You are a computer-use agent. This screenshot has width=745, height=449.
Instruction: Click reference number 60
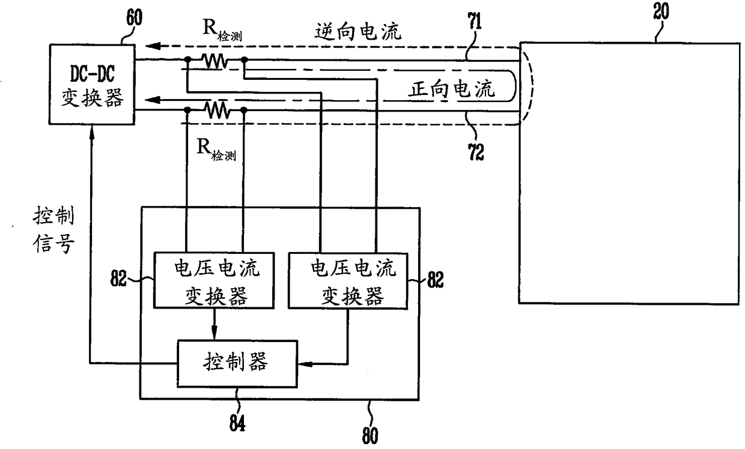click(135, 17)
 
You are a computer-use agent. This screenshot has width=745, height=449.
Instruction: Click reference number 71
click(475, 21)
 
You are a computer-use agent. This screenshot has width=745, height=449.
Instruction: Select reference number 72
click(476, 152)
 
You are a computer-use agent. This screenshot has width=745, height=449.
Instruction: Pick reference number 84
click(237, 423)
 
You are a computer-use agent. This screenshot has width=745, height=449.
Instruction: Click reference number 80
click(370, 436)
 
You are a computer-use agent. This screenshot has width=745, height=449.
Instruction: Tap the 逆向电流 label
click(358, 32)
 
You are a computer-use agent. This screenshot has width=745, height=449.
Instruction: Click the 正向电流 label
click(452, 89)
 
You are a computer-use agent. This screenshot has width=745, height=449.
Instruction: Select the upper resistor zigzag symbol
click(216, 61)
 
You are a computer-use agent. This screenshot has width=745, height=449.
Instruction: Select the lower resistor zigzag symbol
click(216, 110)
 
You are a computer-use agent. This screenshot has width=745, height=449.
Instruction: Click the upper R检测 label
click(222, 30)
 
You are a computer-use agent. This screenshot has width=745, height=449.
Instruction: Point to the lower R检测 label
click(216, 150)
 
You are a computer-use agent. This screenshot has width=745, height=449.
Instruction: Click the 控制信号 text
click(53, 229)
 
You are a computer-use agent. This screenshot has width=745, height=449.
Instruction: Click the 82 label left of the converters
click(118, 278)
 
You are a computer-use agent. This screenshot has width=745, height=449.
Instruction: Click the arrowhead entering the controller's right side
click(305, 364)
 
